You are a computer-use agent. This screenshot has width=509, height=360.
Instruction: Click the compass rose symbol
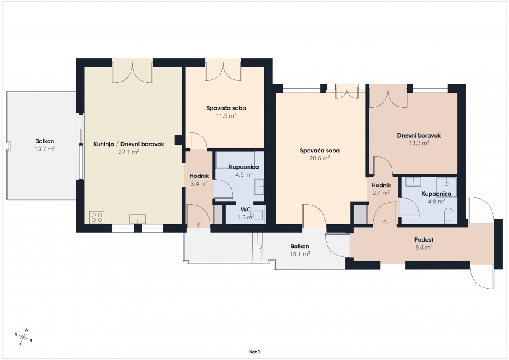coord(24,337)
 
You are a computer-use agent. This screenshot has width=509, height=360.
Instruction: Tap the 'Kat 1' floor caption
coord(255,352)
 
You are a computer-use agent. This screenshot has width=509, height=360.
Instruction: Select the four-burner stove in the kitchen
coord(97,217)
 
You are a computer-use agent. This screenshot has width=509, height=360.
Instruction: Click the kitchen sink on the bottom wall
coord(137,219)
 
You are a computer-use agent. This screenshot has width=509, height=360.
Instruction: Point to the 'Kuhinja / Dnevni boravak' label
coord(129,144)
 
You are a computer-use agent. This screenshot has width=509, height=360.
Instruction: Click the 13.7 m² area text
coord(45,149)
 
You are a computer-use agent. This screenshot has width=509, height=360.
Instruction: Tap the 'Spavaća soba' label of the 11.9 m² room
coord(226,108)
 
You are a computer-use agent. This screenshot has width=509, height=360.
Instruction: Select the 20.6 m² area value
coord(320,158)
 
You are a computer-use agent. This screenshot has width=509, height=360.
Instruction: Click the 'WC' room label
coord(246,209)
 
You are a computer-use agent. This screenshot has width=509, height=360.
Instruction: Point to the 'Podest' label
coord(424,240)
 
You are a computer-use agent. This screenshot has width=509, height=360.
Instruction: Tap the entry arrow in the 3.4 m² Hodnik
coord(199,225)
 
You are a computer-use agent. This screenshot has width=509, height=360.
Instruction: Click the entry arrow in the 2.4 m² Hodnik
coord(385,222)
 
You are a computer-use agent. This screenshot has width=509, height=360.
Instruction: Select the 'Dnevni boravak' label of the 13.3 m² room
coord(419,136)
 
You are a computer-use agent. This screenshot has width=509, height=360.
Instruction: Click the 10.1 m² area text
coord(299,253)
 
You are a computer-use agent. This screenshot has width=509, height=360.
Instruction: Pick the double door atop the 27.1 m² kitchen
coord(132,72)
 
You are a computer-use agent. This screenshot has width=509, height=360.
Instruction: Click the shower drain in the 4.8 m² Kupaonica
coord(447,184)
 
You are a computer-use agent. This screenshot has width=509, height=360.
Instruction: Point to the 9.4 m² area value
coord(424,247)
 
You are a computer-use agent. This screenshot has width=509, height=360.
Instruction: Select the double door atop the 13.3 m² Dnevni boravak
coord(388,96)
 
